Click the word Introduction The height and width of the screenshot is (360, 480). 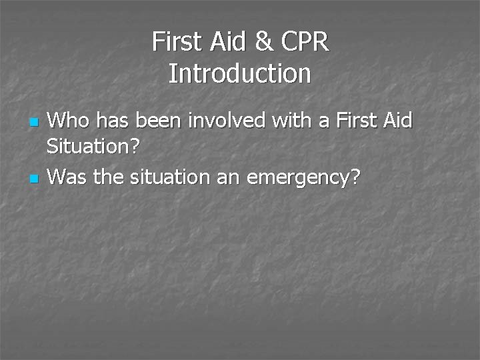click(x=240, y=73)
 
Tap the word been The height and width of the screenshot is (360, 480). click(x=156, y=121)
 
